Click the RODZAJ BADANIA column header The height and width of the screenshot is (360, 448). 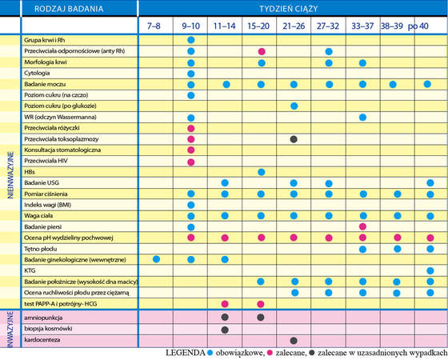pos(69,9)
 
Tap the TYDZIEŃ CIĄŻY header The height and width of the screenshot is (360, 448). pos(289,9)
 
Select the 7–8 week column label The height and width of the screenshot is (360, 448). pos(154,26)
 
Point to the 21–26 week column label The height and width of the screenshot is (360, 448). pos(294,26)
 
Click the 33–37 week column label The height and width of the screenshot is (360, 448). pos(362,26)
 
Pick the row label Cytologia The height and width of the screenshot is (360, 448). pos(37,73)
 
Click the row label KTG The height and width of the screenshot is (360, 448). pos(30,270)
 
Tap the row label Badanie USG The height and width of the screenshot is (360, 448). pos(42,182)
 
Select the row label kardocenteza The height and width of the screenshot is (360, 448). pos(42,340)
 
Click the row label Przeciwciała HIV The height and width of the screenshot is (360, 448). pos(46,161)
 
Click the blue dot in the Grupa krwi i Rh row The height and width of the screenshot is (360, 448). pos(191,40)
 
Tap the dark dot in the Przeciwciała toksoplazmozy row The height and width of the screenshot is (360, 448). pos(294,139)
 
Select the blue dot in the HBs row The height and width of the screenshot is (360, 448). pos(261,172)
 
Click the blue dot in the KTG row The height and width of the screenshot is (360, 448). pos(430,270)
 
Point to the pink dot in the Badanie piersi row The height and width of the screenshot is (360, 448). pos(362,227)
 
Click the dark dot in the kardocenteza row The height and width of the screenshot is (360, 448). pos(294,340)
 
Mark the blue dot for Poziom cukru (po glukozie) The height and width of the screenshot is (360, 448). pos(294,106)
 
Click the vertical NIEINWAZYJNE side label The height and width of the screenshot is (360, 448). pos(10,175)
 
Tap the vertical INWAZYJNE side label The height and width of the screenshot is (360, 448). pos(10,329)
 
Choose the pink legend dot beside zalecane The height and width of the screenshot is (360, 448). pos(270,354)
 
